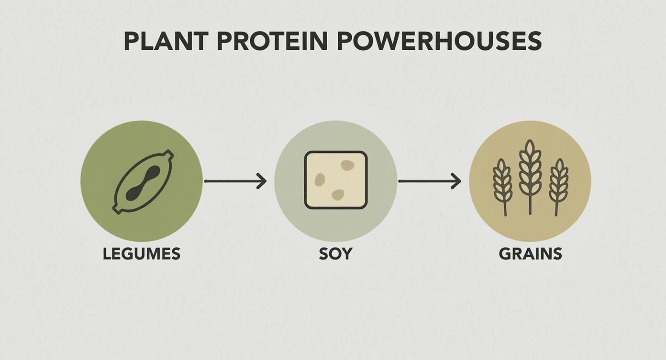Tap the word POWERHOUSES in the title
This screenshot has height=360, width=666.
(439, 42)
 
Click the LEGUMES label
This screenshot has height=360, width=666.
(142, 254)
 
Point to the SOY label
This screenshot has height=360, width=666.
(335, 254)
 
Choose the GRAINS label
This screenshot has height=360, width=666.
(530, 254)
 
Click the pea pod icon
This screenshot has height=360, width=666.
(142, 181)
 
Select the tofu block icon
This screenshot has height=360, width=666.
(336, 180)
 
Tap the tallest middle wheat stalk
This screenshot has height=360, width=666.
(530, 175)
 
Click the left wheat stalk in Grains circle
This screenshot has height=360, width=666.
(502, 184)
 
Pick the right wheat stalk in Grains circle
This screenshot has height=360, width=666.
(558, 184)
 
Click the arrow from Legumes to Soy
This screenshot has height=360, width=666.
(234, 181)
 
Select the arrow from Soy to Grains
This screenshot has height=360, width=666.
(429, 181)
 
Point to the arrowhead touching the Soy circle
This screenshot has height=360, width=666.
(262, 181)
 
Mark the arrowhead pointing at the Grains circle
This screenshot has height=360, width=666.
(457, 181)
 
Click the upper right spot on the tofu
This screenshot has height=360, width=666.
(347, 165)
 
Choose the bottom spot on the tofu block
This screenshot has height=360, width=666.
(338, 194)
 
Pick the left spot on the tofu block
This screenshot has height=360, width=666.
(319, 180)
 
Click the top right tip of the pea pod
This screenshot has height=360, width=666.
(168, 155)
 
